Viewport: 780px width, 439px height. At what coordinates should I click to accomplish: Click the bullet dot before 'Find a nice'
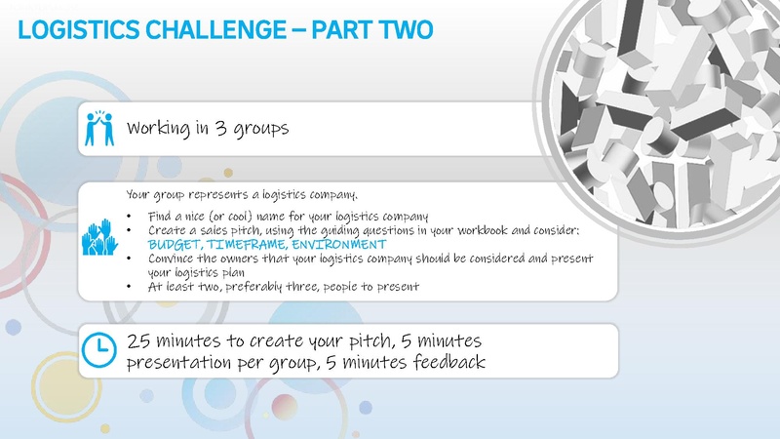(130, 216)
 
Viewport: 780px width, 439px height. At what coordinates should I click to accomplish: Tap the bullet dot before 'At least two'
(130, 287)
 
